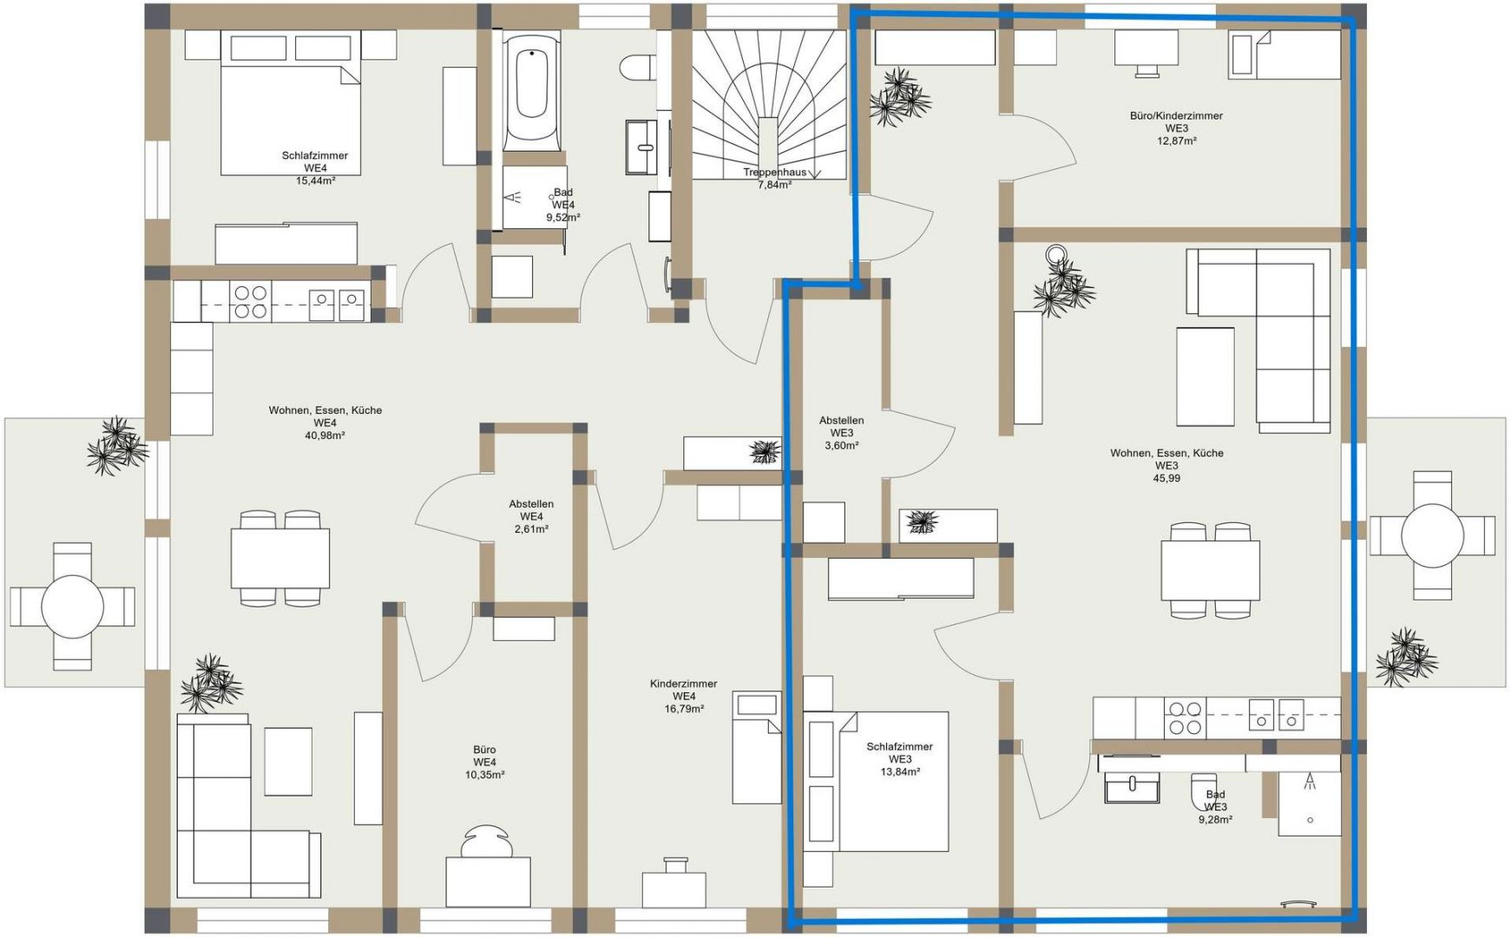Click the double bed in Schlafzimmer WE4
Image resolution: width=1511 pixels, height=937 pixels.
(x=290, y=102)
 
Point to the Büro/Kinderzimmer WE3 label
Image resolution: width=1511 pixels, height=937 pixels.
(x=1176, y=128)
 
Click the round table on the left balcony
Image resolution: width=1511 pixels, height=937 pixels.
(x=72, y=606)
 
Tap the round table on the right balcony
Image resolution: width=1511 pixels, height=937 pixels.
(x=1432, y=535)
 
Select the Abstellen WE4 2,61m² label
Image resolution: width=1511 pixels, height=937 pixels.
(x=531, y=516)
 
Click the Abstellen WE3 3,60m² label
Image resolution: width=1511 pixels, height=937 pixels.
(x=841, y=433)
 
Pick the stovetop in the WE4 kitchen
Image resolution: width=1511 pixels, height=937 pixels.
(x=251, y=302)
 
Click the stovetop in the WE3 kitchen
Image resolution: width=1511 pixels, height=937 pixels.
(x=1184, y=717)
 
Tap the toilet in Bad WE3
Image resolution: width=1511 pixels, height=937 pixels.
(x=1204, y=789)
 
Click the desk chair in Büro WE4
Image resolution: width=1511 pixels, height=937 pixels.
(x=486, y=841)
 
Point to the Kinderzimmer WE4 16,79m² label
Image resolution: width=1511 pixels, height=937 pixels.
(x=684, y=696)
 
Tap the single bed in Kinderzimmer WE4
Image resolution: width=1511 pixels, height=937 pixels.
(x=757, y=747)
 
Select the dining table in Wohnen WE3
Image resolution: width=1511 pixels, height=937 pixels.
(x=1211, y=569)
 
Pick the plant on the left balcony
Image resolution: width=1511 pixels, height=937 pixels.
(x=116, y=446)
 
